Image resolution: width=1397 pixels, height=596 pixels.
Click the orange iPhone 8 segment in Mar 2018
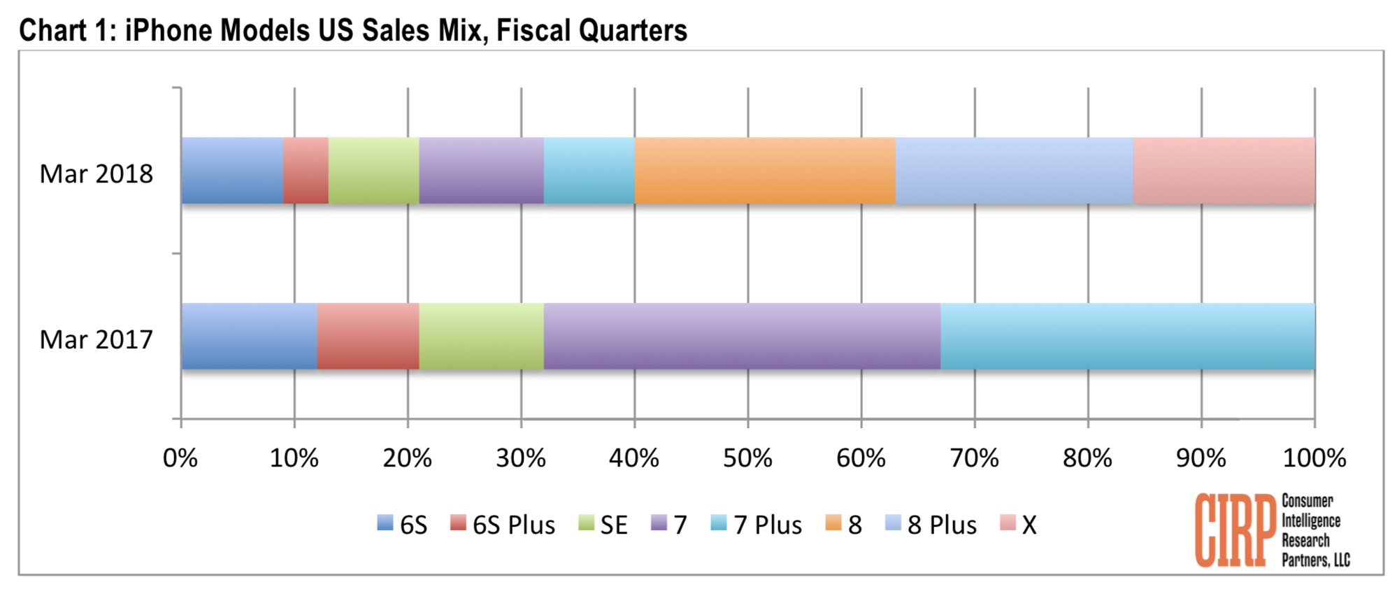[x=765, y=171]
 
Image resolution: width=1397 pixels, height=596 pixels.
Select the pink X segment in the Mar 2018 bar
[x=1224, y=171]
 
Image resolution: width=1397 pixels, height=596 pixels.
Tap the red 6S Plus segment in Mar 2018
[x=306, y=171]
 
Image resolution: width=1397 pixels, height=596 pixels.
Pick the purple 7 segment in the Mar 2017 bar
[x=742, y=336]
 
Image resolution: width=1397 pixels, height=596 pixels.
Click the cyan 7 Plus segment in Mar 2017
[x=1127, y=336]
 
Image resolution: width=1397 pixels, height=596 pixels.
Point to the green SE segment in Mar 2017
[x=481, y=336]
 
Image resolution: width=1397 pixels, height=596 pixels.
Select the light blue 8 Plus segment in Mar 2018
[x=1014, y=171]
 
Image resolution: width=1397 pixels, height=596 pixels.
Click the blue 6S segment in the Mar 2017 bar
[x=249, y=336]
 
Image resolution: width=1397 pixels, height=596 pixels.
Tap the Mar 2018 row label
[x=96, y=173]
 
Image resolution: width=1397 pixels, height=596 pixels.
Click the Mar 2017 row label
[x=96, y=339]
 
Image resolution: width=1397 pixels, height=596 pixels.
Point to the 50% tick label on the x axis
[x=747, y=459]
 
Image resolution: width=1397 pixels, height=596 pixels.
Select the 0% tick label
[x=180, y=459]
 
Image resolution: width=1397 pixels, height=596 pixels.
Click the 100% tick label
[x=1314, y=459]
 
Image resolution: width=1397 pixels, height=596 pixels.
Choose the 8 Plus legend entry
[x=931, y=525]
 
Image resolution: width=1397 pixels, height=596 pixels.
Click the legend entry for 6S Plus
[x=503, y=525]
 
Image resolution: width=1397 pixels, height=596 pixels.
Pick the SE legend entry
[x=604, y=525]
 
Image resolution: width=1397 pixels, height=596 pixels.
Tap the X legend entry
[x=1019, y=525]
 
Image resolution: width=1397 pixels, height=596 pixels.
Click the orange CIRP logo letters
[x=1235, y=530]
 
